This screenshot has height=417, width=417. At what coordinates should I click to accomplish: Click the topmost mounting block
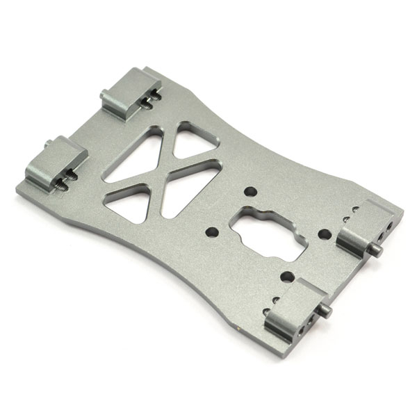point(129,91)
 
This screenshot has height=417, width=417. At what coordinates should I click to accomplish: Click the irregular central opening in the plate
point(267,229)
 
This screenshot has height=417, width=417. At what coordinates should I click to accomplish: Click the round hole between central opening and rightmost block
point(322,234)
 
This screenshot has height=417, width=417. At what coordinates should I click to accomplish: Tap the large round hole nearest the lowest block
point(285,276)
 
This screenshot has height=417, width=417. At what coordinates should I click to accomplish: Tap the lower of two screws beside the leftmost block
point(63,186)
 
